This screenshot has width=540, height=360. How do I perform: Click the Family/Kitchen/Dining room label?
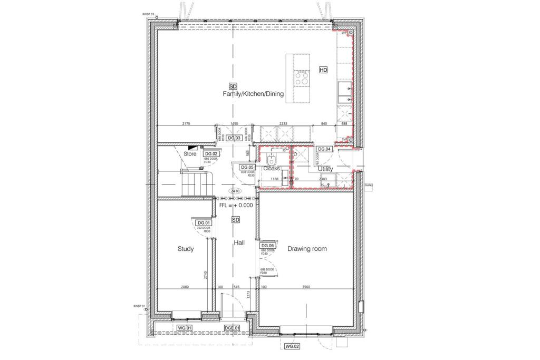click(x=253, y=94)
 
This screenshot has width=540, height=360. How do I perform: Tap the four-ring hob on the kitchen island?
click(x=302, y=79)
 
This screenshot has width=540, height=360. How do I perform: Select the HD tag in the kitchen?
click(x=323, y=70)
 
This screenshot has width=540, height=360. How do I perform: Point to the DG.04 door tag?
click(x=324, y=149)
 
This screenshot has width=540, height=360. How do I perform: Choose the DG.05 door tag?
click(x=240, y=167)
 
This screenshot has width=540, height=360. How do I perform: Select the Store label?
click(x=190, y=154)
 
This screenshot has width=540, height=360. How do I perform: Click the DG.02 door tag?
click(x=211, y=154)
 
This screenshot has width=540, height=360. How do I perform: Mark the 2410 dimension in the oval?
click(x=235, y=191)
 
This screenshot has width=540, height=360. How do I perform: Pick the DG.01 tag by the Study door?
click(x=204, y=223)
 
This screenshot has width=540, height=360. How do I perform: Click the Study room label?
click(x=186, y=249)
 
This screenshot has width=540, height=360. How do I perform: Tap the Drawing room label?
click(x=307, y=249)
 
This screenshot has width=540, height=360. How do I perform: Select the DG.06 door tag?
click(x=268, y=246)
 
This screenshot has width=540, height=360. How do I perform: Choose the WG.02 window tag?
click(x=292, y=346)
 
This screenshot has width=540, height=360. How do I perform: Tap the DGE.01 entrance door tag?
click(x=233, y=328)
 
